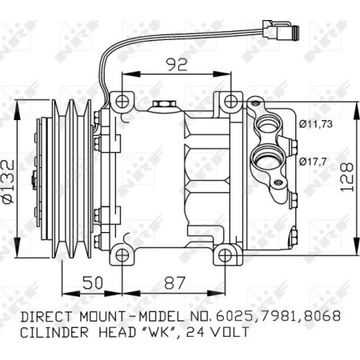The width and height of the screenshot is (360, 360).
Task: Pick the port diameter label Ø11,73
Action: coord(317,123)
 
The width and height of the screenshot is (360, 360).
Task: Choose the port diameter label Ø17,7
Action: coord(314,163)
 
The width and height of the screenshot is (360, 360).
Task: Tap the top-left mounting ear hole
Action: coord(122,102)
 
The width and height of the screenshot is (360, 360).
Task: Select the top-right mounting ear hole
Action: coord(231,102)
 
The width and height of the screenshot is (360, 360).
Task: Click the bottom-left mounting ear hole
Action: coord(122,255)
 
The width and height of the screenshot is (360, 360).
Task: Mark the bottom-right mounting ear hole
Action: coord(231,255)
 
